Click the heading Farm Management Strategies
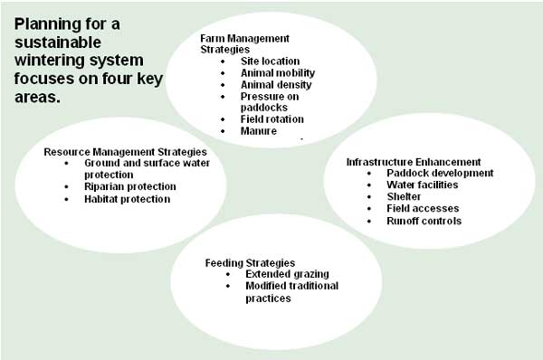[244, 43]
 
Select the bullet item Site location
[269, 60]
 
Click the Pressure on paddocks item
[269, 100]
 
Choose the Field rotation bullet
[271, 118]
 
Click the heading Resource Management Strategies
[126, 151]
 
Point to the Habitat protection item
[128, 198]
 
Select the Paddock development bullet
[440, 173]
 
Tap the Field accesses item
[423, 208]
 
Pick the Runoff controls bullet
[424, 220]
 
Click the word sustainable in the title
[57, 43]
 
